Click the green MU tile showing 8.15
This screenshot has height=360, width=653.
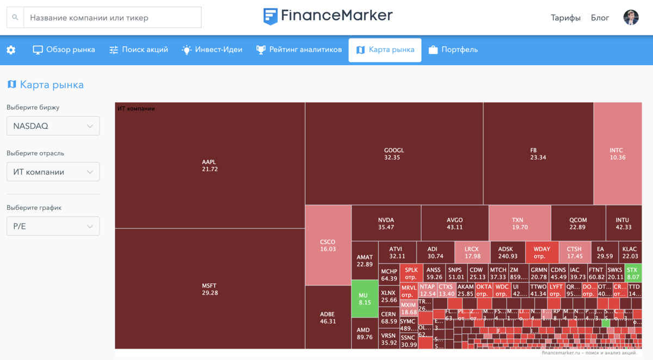365,299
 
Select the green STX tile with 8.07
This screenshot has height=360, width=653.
632,273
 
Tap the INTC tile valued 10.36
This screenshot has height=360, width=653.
617,153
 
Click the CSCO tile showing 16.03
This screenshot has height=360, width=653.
328,245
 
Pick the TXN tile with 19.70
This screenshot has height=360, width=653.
519,224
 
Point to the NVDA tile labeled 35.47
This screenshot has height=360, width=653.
386,224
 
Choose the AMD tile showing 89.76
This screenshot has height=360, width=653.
365,333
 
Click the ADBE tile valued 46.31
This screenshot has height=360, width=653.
328,318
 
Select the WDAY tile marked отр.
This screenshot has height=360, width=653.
541,252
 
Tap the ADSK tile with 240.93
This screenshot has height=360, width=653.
507,252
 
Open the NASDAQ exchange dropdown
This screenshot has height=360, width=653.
53,126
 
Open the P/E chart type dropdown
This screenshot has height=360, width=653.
53,226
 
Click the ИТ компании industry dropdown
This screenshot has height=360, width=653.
53,172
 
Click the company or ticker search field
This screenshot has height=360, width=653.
112,17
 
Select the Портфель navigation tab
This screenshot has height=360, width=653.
453,50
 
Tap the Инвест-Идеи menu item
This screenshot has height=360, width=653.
212,50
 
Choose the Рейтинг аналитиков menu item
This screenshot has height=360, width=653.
299,50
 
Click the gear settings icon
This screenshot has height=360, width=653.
11,50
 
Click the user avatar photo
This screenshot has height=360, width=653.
631,17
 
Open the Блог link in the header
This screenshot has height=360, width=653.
600,17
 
